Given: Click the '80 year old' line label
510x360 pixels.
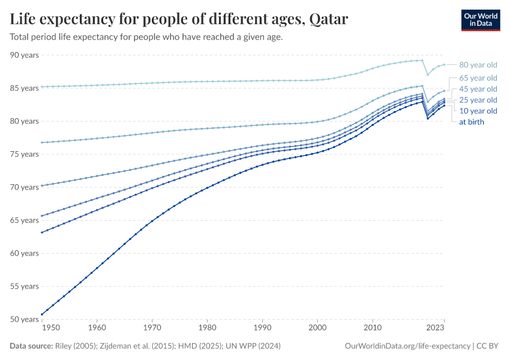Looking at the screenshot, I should pyautogui.click(x=478, y=65).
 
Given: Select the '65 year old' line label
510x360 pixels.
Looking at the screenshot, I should pyautogui.click(x=478, y=78).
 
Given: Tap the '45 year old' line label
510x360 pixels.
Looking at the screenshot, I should pyautogui.click(x=478, y=89).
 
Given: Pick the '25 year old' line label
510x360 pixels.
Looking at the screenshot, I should pyautogui.click(x=478, y=100).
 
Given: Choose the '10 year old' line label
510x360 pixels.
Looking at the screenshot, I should pyautogui.click(x=478, y=111).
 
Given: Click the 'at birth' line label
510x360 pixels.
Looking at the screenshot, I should pyautogui.click(x=471, y=122).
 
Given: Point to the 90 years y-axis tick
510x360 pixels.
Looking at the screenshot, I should pyautogui.click(x=24, y=55).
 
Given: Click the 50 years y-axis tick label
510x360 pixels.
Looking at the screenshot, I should pyautogui.click(x=24, y=319).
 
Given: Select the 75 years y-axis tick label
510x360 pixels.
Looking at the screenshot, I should pyautogui.click(x=24, y=154).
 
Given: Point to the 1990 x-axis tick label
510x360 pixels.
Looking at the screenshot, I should pyautogui.click(x=262, y=328).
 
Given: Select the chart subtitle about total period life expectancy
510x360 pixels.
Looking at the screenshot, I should pyautogui.click(x=146, y=37).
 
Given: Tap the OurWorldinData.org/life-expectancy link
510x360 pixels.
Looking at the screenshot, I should pyautogui.click(x=408, y=346).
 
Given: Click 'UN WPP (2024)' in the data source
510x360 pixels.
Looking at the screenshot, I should pyautogui.click(x=251, y=346).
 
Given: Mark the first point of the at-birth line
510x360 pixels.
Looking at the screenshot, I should pyautogui.click(x=42, y=314).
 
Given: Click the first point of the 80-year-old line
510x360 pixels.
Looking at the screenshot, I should pyautogui.click(x=42, y=87).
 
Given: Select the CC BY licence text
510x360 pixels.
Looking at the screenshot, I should pyautogui.click(x=488, y=346).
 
